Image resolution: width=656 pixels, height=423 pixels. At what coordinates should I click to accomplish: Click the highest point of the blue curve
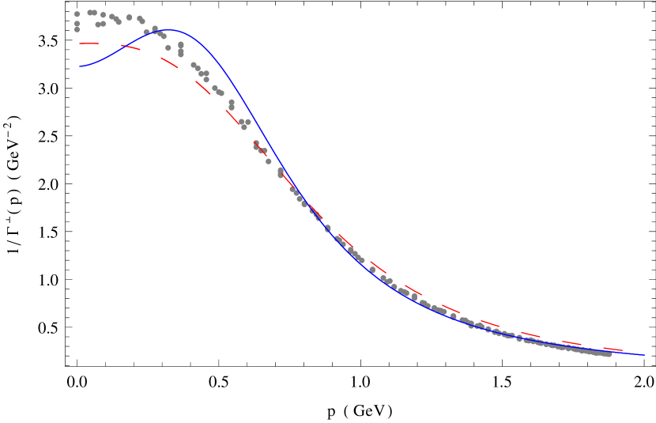pos(171,31)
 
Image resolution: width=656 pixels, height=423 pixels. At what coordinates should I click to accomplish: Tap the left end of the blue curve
pos(80,67)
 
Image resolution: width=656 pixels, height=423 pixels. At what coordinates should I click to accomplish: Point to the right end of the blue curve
pos(643,355)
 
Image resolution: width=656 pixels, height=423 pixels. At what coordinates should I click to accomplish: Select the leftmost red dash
pos(89,43)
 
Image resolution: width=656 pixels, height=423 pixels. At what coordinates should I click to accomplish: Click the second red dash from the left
pos(130,47)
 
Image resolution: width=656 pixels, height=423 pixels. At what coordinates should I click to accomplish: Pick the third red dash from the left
pos(170,62)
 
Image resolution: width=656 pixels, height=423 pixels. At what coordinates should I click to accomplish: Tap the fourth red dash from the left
pos(203,88)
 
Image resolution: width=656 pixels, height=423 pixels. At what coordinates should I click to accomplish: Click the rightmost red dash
pos(613,349)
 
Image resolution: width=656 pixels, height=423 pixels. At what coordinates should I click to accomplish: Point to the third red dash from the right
pos(530,335)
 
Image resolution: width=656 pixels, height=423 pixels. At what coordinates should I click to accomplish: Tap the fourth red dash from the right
pos(490,323)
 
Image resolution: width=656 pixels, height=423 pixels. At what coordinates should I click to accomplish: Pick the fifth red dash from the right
pos(451,308)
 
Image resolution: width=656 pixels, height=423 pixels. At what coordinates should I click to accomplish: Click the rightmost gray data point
pos(609,354)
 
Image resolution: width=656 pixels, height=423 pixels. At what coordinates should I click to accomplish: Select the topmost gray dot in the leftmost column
pos(77,13)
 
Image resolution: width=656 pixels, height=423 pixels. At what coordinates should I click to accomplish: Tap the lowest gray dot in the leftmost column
pos(77,29)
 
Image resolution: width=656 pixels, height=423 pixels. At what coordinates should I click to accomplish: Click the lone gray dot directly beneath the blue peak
pos(168,47)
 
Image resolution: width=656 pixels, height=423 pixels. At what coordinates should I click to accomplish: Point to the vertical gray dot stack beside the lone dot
pos(181,50)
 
